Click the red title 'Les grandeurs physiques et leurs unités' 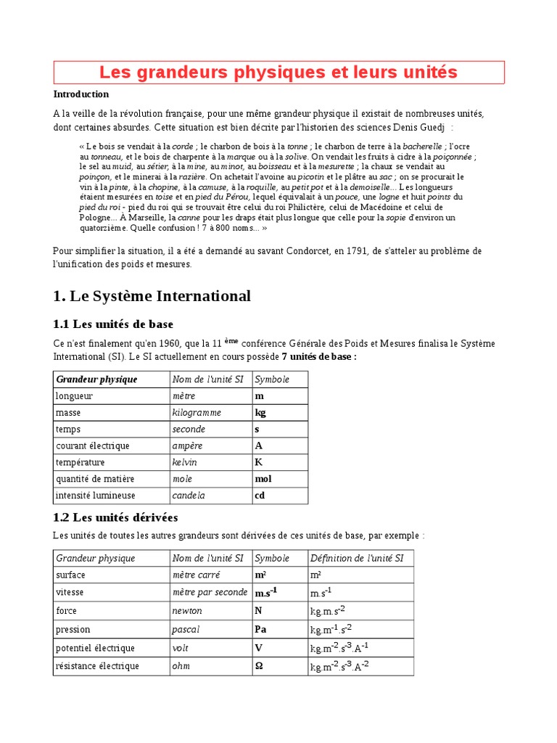(278, 73)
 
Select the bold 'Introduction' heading (81, 94)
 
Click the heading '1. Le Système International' (152, 296)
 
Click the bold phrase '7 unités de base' (316, 357)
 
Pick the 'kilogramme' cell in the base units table (197, 413)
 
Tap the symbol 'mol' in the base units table (263, 480)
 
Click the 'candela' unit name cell (189, 496)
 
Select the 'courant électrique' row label (92, 446)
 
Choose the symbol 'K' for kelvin (258, 463)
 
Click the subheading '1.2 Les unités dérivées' (115, 518)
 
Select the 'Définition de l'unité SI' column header (360, 558)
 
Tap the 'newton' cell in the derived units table (187, 611)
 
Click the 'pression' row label (73, 629)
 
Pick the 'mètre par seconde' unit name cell (210, 593)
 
